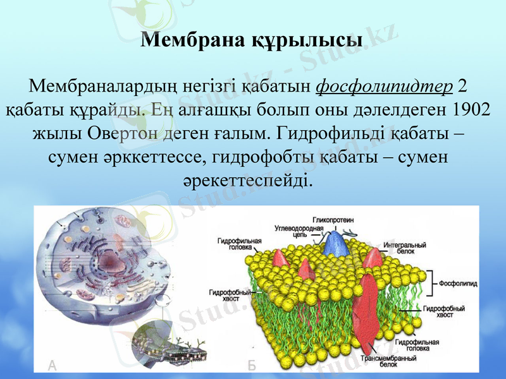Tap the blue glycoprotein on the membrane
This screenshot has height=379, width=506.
point(335,243)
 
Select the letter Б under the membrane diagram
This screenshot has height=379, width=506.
point(251,364)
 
